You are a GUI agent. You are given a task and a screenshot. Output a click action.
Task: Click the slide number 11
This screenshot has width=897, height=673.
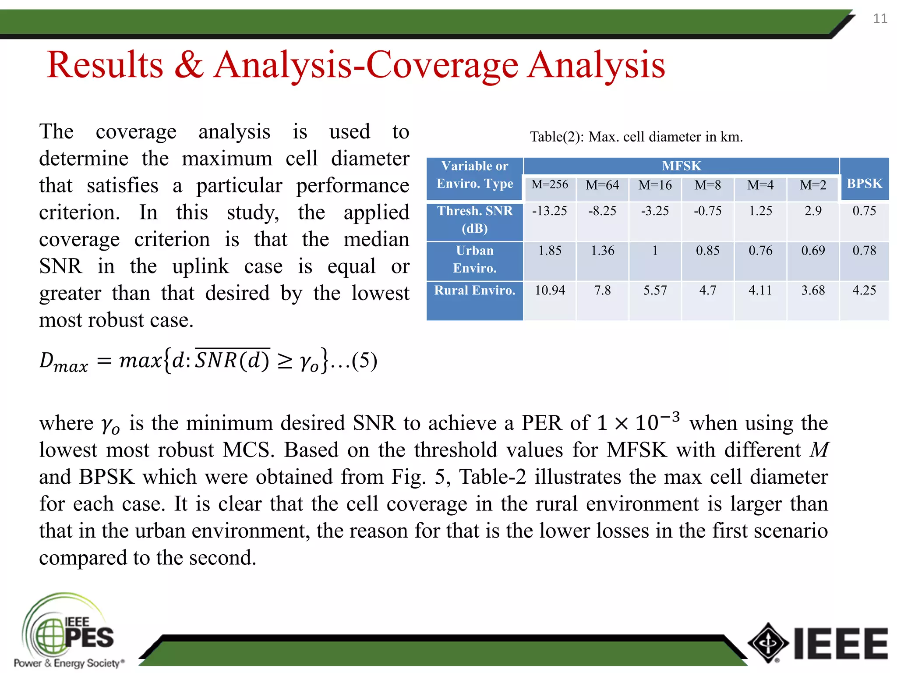(880, 18)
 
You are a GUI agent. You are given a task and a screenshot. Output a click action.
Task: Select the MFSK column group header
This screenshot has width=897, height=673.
(681, 166)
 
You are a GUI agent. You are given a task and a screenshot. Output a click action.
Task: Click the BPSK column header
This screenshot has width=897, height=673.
(864, 183)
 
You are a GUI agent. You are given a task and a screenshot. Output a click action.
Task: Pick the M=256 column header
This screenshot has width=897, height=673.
(550, 184)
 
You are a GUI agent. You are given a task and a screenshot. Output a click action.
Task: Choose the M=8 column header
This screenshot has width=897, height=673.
(707, 185)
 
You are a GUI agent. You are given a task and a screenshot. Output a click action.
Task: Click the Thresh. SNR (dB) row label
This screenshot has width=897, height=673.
(475, 220)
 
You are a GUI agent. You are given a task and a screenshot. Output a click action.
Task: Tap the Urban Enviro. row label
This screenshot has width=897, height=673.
(475, 259)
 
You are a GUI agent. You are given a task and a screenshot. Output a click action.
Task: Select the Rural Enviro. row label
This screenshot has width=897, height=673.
(475, 290)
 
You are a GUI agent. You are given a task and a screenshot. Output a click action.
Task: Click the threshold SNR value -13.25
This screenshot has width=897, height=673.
(550, 211)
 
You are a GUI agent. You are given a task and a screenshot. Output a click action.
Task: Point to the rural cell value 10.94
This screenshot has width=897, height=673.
(550, 290)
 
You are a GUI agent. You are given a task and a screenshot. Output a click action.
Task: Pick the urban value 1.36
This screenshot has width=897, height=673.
(602, 251)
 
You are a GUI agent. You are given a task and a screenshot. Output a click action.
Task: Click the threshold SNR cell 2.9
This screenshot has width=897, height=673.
(813, 211)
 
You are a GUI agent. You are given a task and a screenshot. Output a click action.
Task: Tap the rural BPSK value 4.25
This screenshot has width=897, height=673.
(864, 290)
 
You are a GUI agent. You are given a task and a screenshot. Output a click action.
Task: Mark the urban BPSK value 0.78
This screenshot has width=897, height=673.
(864, 251)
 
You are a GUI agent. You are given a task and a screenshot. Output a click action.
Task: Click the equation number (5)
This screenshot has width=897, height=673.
(364, 361)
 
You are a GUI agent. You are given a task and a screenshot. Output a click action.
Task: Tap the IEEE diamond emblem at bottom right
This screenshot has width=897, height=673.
(768, 643)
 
